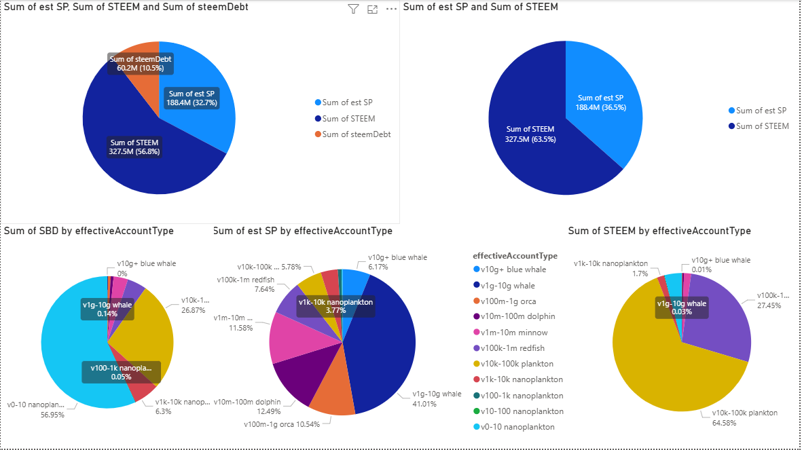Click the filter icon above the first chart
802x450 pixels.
pyautogui.click(x=352, y=9)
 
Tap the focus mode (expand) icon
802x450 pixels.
pyautogui.click(x=372, y=9)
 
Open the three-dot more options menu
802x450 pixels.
pyautogui.click(x=391, y=9)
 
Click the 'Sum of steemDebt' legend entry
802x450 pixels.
pyautogui.click(x=356, y=134)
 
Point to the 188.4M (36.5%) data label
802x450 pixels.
pyautogui.click(x=600, y=102)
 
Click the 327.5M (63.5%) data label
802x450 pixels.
pyautogui.click(x=530, y=134)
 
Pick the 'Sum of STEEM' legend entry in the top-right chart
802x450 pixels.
pyautogui.click(x=762, y=126)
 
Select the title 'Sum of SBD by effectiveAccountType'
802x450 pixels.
pyautogui.click(x=89, y=231)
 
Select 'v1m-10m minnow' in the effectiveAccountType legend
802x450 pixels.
pyautogui.click(x=513, y=333)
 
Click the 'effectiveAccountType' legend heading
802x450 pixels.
pyautogui.click(x=515, y=256)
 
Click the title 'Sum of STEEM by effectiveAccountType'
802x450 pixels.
pyautogui.click(x=659, y=231)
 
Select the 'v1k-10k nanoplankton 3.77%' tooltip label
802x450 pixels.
pyautogui.click(x=336, y=306)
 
